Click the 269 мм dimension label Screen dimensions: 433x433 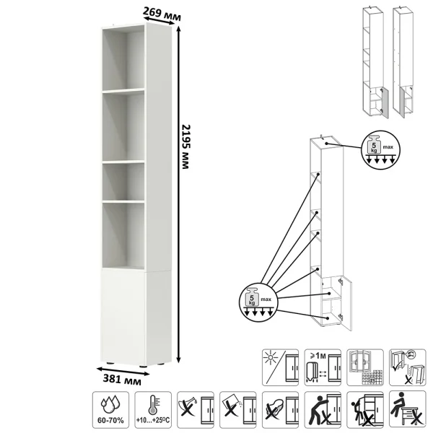coord(162,14)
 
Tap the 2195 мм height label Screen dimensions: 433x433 coord(185,146)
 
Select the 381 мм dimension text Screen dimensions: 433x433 coord(122,380)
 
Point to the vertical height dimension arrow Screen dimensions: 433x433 coord(179,194)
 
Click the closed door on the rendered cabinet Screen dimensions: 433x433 coord(123,317)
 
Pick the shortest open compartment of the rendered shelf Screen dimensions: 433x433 coord(123,182)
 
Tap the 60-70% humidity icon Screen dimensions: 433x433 coord(110,410)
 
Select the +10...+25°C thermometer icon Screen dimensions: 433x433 coord(153,410)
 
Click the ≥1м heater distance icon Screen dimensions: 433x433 coord(323,367)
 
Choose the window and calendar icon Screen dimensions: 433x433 coord(365,367)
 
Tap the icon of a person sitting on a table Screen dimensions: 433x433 coord(408,410)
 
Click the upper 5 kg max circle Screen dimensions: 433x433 coord(381,149)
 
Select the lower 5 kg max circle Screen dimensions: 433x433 coord(258,302)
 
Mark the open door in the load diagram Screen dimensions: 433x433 coord(346,303)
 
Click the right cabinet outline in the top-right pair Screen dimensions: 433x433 coord(403,62)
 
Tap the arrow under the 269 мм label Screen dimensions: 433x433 coord(159,21)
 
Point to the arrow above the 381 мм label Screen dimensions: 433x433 coord(123,371)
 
